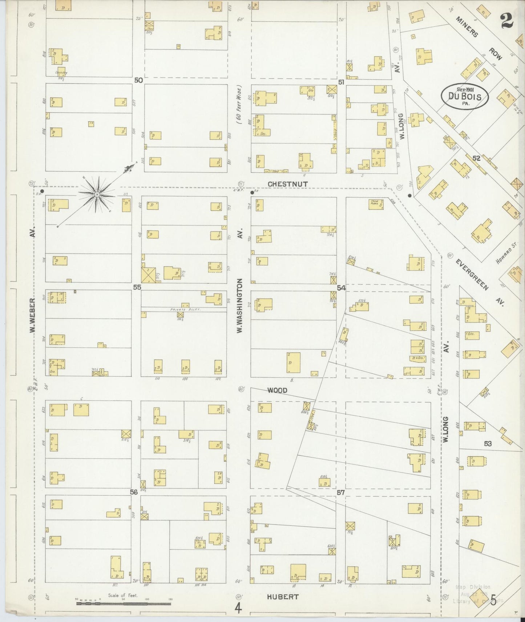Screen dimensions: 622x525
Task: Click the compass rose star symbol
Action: pyautogui.click(x=97, y=195)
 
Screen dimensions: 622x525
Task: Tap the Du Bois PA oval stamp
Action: pyautogui.click(x=465, y=97)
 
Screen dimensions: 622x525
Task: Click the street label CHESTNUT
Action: pyautogui.click(x=288, y=184)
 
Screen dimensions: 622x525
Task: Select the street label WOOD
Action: pyautogui.click(x=278, y=390)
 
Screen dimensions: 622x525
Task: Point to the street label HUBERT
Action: pyautogui.click(x=283, y=596)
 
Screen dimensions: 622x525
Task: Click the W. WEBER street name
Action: pyautogui.click(x=33, y=315)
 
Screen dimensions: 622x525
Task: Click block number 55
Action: pyautogui.click(x=137, y=287)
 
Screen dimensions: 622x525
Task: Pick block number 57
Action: pyautogui.click(x=340, y=492)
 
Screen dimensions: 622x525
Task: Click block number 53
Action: pyautogui.click(x=488, y=443)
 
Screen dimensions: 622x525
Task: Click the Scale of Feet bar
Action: pyautogui.click(x=124, y=604)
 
